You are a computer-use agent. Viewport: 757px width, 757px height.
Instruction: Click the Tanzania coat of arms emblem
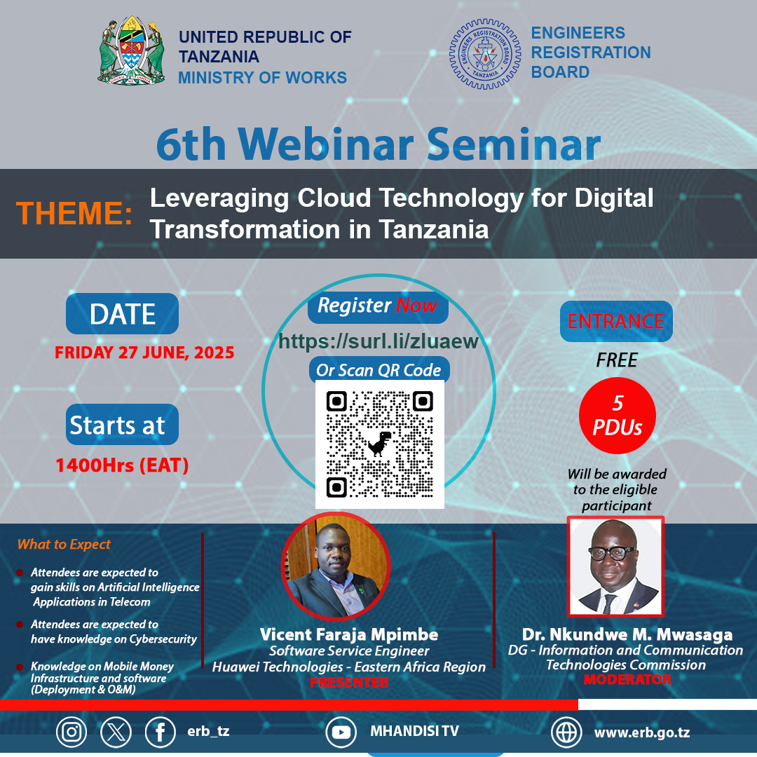click(x=131, y=51)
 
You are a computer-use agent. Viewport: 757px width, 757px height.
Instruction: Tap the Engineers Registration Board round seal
click(x=485, y=54)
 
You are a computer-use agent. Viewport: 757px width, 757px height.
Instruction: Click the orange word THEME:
click(x=74, y=213)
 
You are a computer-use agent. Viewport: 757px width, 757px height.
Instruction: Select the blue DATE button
click(x=122, y=313)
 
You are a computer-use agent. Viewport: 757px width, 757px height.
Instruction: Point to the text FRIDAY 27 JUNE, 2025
click(x=144, y=353)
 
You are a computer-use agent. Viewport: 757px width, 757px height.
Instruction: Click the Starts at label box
click(x=122, y=424)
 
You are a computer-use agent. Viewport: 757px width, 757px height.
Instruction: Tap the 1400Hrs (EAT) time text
click(x=122, y=465)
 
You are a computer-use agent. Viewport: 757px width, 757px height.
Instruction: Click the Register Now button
click(x=378, y=306)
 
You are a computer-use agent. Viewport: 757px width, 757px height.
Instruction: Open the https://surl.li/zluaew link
click(x=378, y=341)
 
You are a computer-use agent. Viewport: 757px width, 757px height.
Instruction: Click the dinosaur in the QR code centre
click(x=379, y=444)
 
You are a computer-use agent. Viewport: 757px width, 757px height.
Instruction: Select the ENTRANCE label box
click(x=616, y=321)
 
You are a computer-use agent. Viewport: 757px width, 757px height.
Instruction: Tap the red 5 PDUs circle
click(x=617, y=416)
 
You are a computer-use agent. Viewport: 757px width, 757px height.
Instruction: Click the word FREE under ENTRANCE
click(x=617, y=360)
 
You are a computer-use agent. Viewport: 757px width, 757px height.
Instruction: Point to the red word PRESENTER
click(x=349, y=682)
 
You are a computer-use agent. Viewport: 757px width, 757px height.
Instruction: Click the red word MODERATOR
click(x=627, y=680)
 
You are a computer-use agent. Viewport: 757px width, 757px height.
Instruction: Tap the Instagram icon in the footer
click(x=71, y=732)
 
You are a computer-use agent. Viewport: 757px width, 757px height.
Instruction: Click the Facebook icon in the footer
click(x=161, y=732)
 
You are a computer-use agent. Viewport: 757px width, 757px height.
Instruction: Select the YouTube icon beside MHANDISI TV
click(x=341, y=732)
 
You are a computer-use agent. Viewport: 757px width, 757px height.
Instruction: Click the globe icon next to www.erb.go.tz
click(x=566, y=732)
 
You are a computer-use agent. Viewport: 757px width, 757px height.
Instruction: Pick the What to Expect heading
click(x=64, y=545)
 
